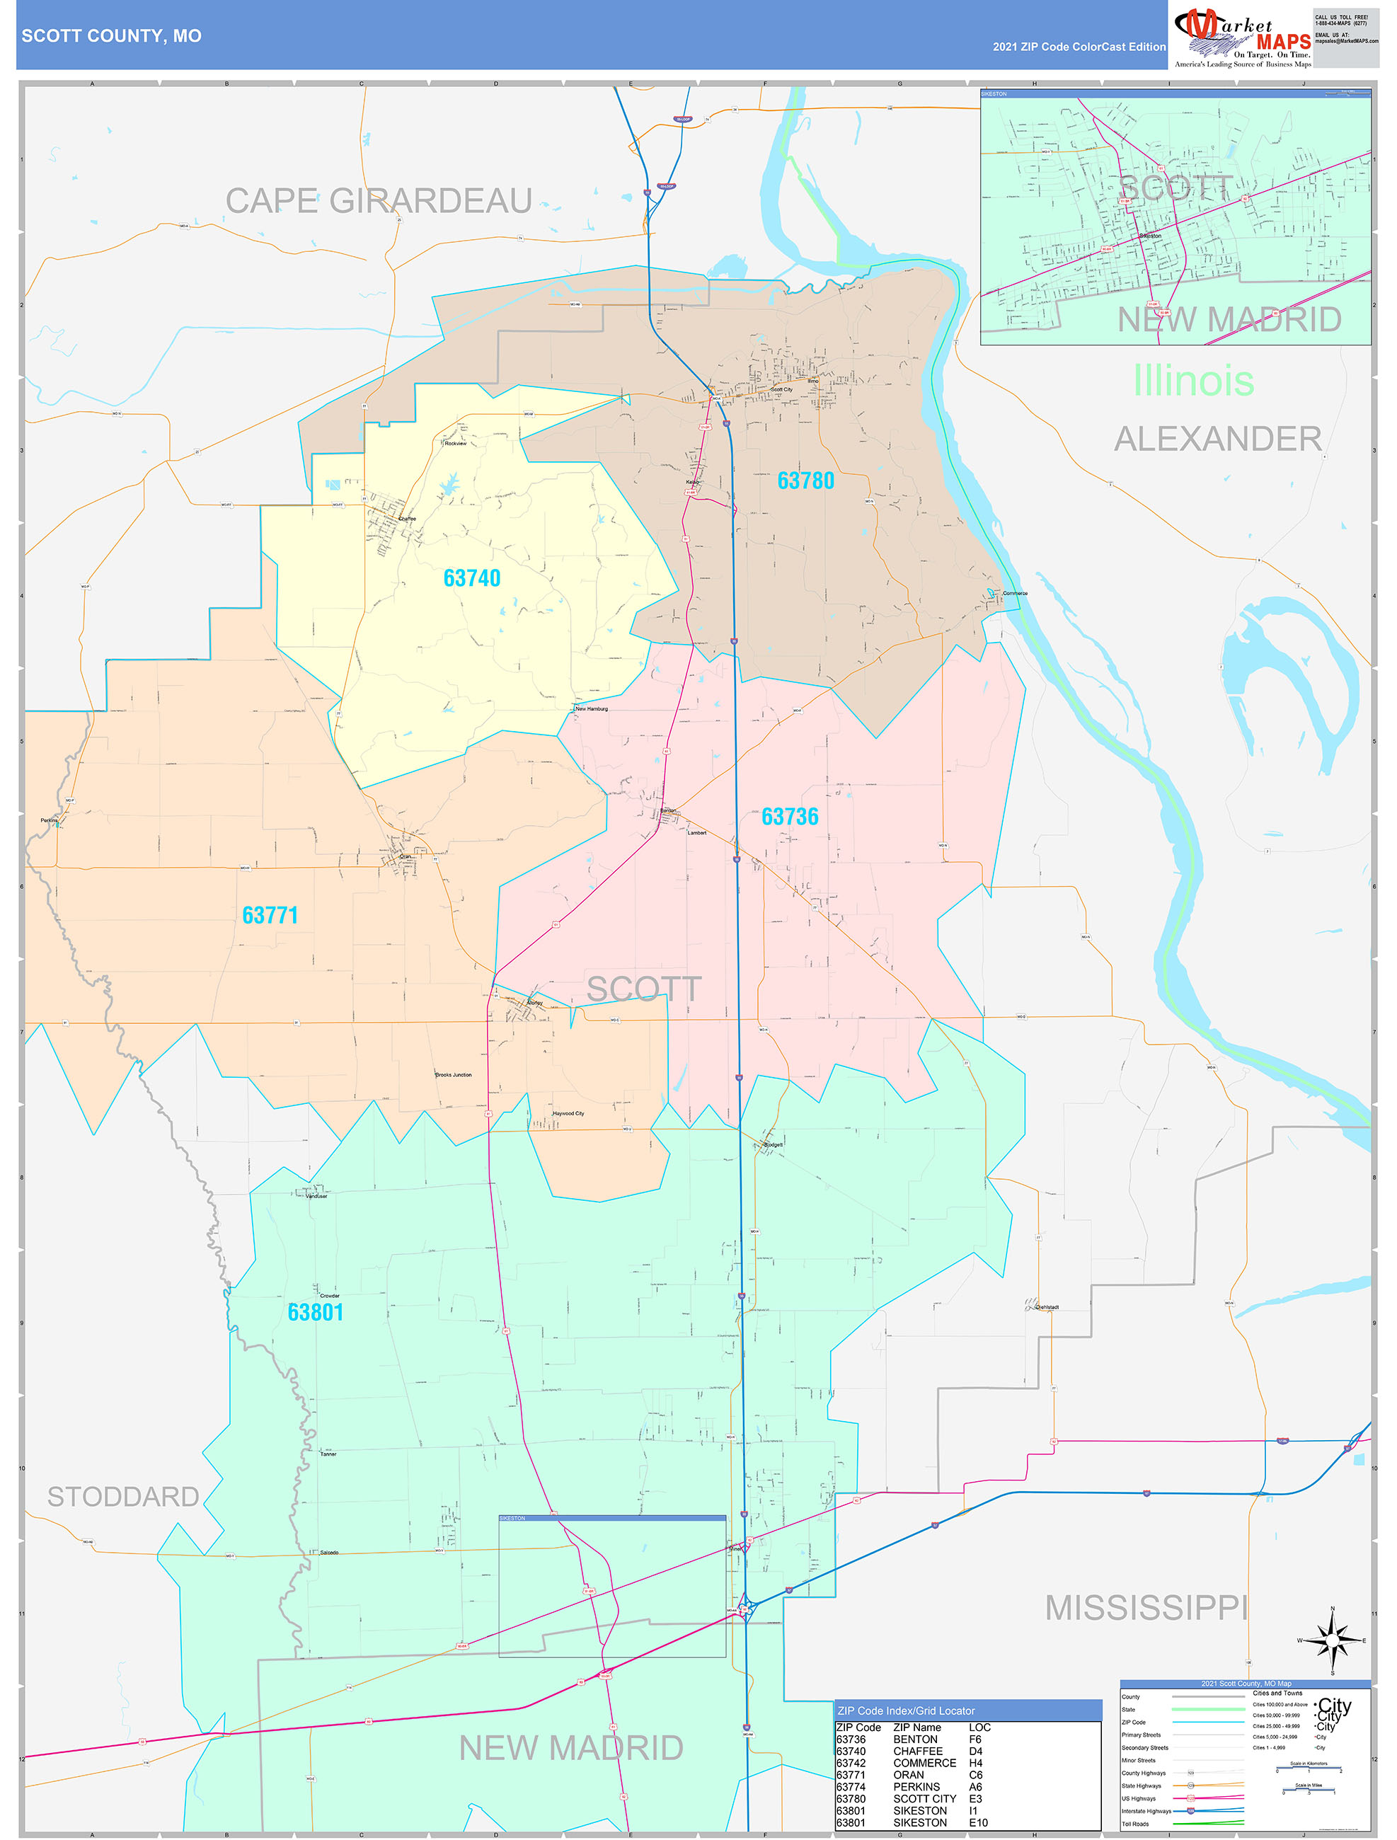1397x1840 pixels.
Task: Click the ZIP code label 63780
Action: click(805, 481)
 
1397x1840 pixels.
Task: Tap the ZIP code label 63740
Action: click(472, 578)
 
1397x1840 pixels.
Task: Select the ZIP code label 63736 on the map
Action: click(790, 817)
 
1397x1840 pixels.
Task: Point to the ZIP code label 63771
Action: click(270, 915)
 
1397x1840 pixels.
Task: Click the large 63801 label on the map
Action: click(316, 1312)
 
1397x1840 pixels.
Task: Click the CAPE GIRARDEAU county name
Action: click(379, 201)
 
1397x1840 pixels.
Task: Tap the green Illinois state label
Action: click(1192, 381)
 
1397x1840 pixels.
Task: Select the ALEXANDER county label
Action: click(1217, 439)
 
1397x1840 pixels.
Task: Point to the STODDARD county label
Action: click(123, 1497)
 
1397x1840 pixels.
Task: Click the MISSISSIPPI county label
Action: click(1146, 1608)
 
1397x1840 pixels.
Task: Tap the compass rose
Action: click(1332, 1640)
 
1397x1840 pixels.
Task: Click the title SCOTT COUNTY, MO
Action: click(112, 36)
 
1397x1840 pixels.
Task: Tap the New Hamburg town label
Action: click(592, 708)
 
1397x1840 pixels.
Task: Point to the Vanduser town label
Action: click(316, 1196)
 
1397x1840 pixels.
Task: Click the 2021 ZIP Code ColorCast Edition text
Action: click(1079, 47)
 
